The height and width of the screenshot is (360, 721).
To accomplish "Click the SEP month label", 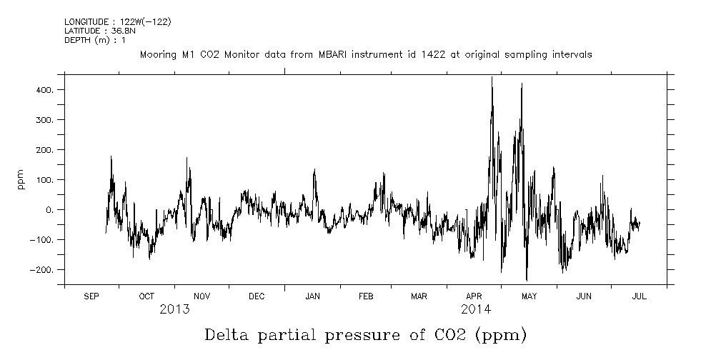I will pos(91,296).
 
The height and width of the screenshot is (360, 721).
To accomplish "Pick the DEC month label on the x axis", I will pos(257,296).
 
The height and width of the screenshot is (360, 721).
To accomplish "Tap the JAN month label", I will pos(312,296).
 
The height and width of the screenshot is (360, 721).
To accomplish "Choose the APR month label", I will pos(474,296).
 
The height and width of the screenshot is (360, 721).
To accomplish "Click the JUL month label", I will pos(639,296).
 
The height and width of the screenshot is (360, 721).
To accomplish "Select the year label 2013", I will pos(174,309).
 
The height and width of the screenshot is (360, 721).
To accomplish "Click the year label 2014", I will pos(476,309).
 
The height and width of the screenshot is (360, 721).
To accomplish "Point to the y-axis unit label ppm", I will pos(21,179).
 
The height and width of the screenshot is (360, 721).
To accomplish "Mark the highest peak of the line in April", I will pos(492,77).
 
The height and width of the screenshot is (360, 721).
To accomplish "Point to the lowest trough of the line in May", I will pos(527,280).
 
